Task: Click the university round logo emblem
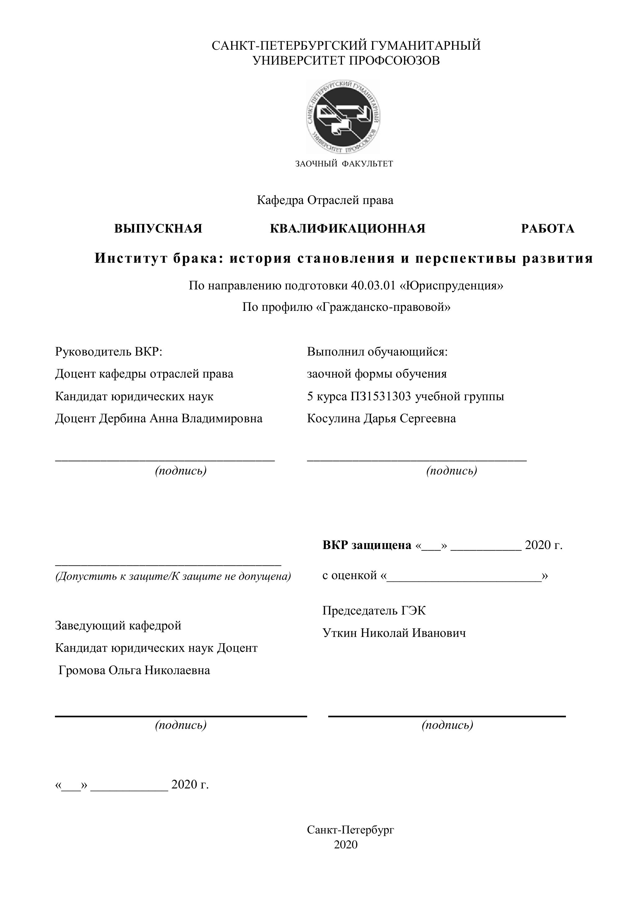(x=343, y=117)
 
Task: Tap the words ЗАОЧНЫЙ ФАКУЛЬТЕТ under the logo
(x=344, y=164)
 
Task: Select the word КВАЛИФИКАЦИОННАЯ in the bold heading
(x=347, y=229)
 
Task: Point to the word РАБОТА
(x=547, y=229)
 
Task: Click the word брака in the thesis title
(x=195, y=258)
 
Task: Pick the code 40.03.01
(x=373, y=285)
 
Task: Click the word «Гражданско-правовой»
(x=383, y=307)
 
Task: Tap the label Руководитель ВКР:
(x=109, y=351)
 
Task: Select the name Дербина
(x=123, y=418)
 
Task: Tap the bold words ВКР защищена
(x=367, y=545)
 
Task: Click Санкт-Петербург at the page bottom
(x=350, y=830)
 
